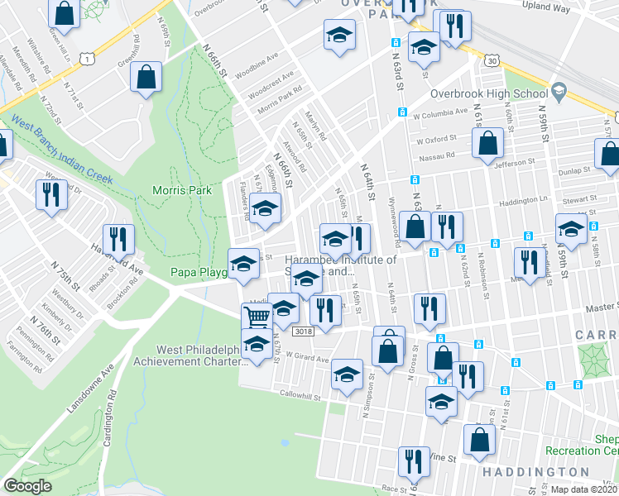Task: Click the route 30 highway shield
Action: (x=492, y=60)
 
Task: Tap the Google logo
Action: (x=28, y=486)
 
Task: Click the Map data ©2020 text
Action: (x=584, y=489)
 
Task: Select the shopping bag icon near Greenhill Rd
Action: (x=146, y=76)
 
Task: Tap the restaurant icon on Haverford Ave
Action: (x=118, y=239)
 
